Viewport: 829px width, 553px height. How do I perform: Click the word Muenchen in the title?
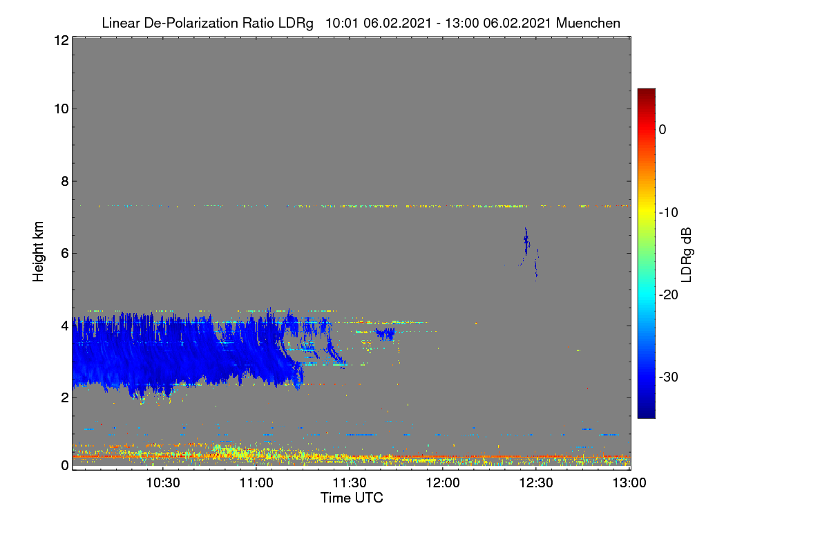(x=588, y=24)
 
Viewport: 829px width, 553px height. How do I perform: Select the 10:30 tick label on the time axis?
(x=163, y=482)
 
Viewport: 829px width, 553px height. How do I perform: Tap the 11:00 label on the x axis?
(x=256, y=482)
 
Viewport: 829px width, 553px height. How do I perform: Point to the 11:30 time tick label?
(x=350, y=482)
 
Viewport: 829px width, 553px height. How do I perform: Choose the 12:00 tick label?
(x=443, y=482)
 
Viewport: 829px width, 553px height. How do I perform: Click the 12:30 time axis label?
(x=536, y=482)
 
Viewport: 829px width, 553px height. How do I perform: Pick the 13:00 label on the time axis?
(x=629, y=482)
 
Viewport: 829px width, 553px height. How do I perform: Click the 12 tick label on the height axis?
(x=61, y=40)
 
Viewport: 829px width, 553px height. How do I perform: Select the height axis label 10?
(x=61, y=109)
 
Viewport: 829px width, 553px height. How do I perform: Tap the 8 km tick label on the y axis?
(x=65, y=181)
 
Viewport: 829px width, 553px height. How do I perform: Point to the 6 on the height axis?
(x=65, y=254)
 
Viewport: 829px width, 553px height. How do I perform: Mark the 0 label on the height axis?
(x=65, y=465)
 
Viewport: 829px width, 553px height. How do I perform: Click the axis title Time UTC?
(x=352, y=498)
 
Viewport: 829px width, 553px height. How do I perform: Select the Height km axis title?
(x=38, y=252)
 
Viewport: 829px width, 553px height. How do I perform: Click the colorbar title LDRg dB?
(x=686, y=255)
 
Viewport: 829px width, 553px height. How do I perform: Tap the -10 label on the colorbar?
(x=669, y=213)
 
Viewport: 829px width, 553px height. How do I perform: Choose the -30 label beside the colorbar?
(x=669, y=377)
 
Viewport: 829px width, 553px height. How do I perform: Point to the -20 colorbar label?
(x=669, y=295)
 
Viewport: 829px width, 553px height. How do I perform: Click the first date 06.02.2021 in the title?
(x=397, y=24)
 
